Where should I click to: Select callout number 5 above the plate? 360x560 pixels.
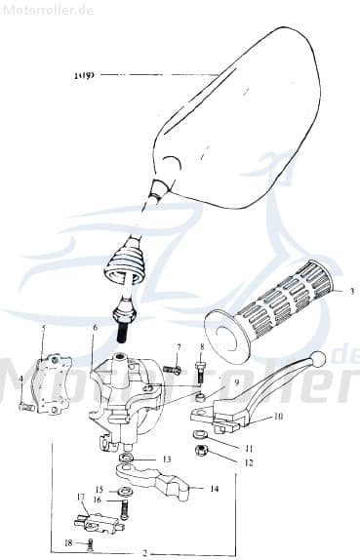click(41, 330)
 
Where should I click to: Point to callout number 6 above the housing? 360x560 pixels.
click(94, 329)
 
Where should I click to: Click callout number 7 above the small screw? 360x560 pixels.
click(178, 346)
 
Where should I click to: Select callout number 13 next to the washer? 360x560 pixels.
click(167, 459)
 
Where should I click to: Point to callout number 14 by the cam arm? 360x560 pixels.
click(215, 489)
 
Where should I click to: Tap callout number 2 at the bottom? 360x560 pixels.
click(144, 553)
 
